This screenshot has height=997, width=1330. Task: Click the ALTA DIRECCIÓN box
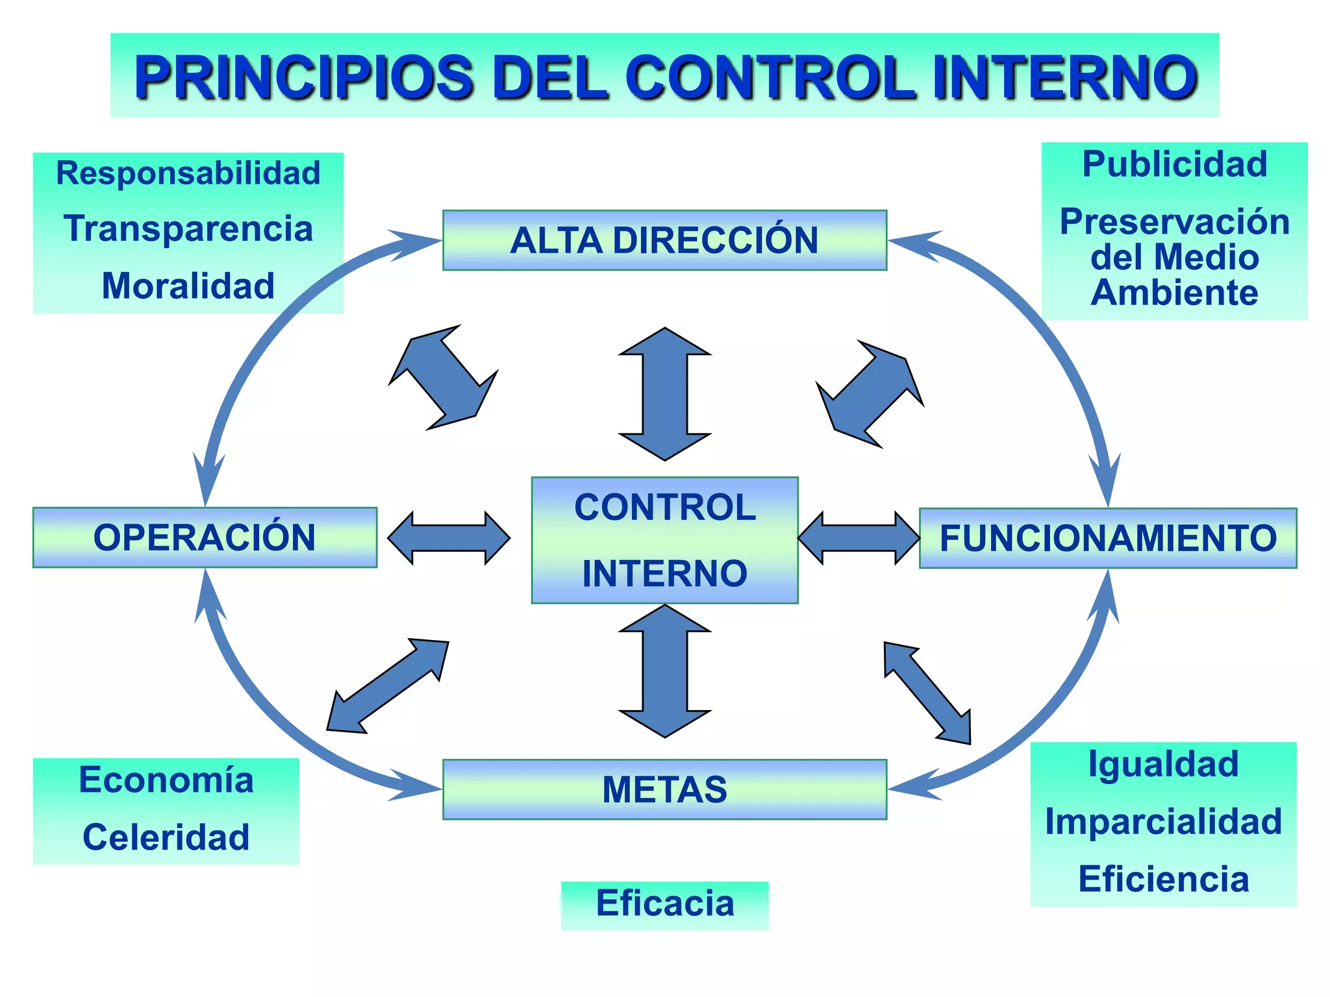coord(664,240)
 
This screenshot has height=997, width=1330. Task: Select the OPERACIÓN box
coord(205,537)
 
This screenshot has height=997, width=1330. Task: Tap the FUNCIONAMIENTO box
coord(1108,538)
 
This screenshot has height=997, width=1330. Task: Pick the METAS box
coord(664,789)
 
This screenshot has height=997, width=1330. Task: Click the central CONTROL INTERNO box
coord(664,540)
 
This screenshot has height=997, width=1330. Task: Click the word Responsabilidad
coord(188,173)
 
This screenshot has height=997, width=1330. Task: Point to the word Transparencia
coord(188,228)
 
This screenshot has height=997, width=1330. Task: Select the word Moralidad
coord(188,286)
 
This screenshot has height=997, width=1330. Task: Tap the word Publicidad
coord(1174,164)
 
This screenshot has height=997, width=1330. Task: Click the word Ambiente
coord(1174,293)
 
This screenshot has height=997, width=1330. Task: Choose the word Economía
coord(166,780)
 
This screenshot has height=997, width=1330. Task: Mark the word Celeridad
coord(166,837)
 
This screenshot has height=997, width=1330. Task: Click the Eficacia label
coord(665,904)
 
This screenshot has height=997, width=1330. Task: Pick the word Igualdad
coord(1163,764)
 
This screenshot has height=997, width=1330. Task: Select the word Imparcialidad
coord(1163,822)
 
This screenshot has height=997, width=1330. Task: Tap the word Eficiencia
coord(1163,879)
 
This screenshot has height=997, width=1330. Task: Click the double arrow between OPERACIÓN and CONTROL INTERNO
coord(449,538)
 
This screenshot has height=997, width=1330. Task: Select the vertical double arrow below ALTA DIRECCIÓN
coord(664,394)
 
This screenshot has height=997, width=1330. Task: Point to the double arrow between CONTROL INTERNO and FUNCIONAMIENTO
coord(859,538)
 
